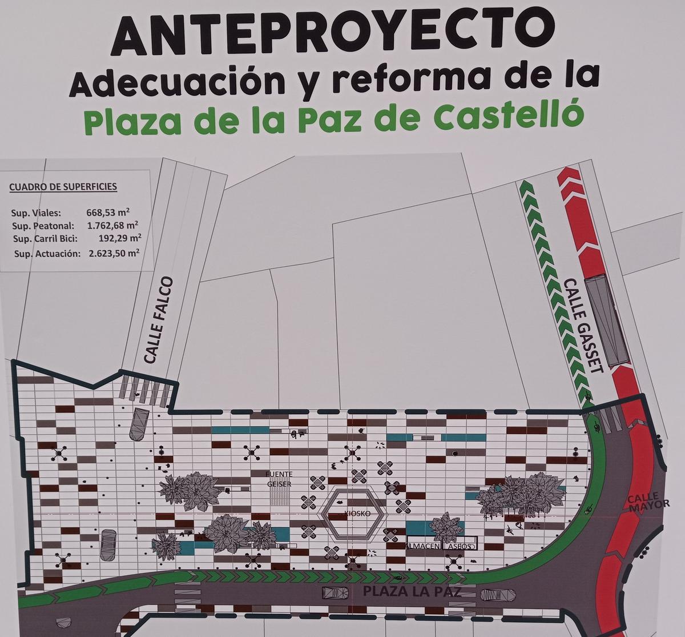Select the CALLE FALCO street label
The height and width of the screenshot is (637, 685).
[158, 320]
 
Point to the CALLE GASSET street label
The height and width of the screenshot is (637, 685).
[583, 326]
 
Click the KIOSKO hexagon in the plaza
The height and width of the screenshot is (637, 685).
[352, 514]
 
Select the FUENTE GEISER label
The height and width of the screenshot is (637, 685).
[280, 479]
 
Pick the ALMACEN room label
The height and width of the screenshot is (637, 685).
[423, 546]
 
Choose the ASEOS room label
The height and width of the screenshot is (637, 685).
[461, 546]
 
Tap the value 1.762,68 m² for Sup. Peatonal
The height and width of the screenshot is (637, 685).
[112, 225]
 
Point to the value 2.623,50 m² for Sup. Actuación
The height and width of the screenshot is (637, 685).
[114, 253]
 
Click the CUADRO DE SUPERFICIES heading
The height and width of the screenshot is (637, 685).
[63, 186]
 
